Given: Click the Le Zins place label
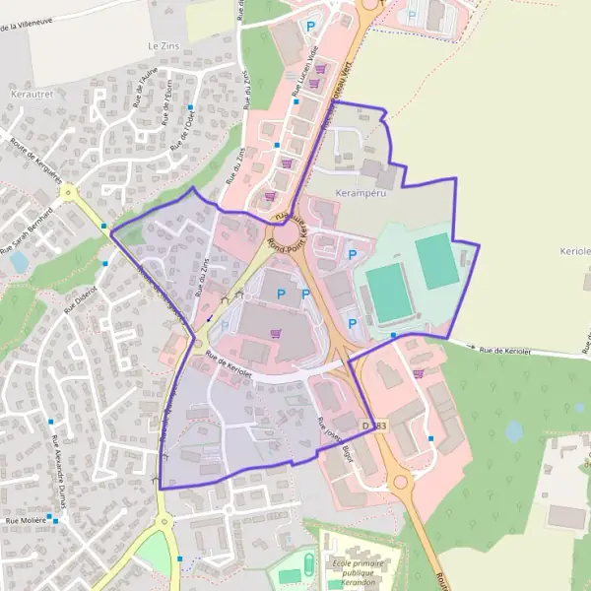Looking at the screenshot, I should pyautogui.click(x=165, y=46).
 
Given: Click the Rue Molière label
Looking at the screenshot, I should pyautogui.click(x=28, y=519).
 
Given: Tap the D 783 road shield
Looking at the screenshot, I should pyautogui.click(x=375, y=426).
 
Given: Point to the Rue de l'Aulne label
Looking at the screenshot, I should pyautogui.click(x=147, y=88).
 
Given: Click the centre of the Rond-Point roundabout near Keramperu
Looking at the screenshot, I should pyautogui.click(x=288, y=235).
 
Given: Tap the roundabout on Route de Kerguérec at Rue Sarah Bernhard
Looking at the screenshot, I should pyautogui.click(x=67, y=193).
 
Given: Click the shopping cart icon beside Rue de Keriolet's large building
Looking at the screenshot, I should pyautogui.click(x=275, y=333).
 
